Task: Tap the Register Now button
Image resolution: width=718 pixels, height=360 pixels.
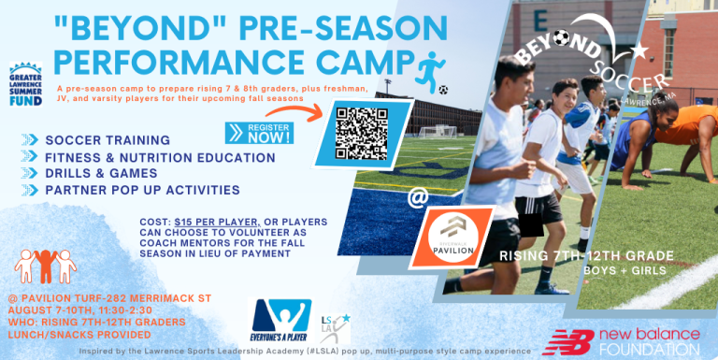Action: [256, 132]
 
